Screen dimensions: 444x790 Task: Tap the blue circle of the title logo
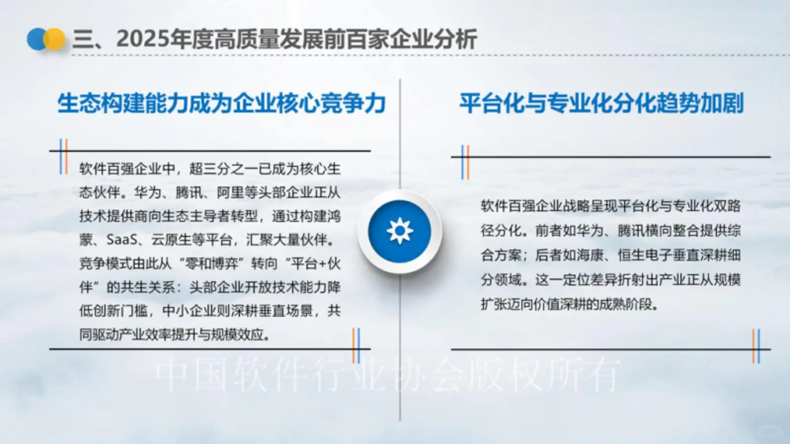point(36,39)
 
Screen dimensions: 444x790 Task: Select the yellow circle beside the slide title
point(55,39)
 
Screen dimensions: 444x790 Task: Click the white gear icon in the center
point(399,231)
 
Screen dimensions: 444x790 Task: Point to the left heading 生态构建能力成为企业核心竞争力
point(221,104)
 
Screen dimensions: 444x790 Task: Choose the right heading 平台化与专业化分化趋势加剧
point(601,104)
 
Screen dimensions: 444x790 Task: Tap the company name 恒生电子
point(644,255)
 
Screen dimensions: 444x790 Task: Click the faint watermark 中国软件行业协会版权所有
point(388,375)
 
